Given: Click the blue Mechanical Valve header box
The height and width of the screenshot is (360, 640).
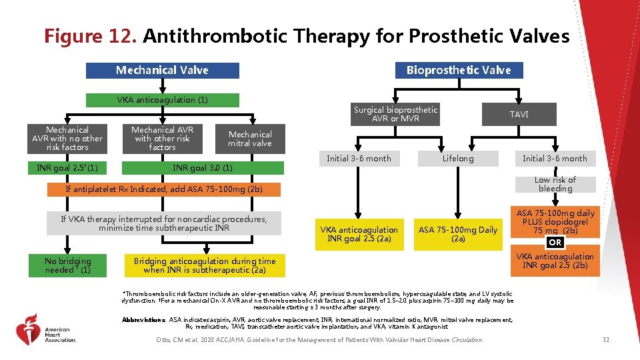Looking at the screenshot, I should (x=162, y=70).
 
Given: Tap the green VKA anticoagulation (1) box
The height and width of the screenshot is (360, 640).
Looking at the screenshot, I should (x=162, y=100).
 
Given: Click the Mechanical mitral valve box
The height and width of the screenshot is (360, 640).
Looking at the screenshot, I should (x=250, y=139).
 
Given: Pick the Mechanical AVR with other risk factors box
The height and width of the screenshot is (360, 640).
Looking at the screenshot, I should (x=162, y=139).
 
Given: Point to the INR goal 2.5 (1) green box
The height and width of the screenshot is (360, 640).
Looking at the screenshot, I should (x=67, y=167).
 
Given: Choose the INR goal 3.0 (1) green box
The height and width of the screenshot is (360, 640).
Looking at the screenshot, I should (x=203, y=168).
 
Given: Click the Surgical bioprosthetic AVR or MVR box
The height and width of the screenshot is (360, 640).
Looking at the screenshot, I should (x=395, y=114).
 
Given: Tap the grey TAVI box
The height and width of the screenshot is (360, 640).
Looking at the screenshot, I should (x=519, y=115).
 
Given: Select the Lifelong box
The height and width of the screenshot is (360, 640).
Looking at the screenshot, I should (x=458, y=159).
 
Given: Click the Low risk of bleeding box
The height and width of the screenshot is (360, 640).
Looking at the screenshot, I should (x=555, y=185).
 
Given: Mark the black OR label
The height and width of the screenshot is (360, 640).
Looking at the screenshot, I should (x=555, y=242).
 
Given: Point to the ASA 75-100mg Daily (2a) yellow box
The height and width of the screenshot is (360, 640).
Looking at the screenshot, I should (x=458, y=234).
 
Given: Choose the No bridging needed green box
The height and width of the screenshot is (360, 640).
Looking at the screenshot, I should (x=67, y=265).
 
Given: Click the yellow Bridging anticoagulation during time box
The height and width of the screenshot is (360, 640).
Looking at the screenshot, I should (x=204, y=265).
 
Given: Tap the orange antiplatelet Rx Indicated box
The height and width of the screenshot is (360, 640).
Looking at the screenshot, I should (x=164, y=189).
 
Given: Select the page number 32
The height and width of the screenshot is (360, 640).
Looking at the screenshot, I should (x=605, y=340).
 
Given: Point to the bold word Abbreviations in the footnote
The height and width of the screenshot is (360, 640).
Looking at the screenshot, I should (x=144, y=320).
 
